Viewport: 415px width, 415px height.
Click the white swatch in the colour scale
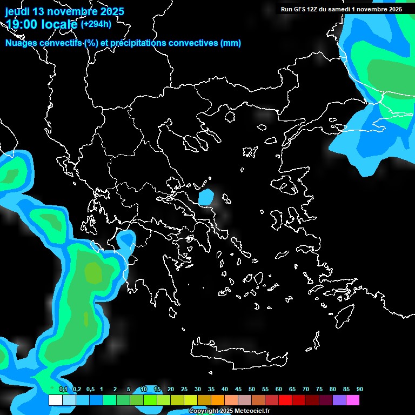point(55,400)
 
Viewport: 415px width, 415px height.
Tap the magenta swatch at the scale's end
point(353,400)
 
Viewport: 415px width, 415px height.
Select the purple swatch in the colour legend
point(339,400)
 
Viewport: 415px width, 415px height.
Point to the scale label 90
point(360,389)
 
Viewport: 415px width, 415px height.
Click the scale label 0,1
point(63,389)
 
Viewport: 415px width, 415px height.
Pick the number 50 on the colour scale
point(252,389)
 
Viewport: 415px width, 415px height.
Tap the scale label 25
point(184,389)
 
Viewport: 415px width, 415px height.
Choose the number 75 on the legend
point(319,389)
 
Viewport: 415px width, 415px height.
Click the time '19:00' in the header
point(21,24)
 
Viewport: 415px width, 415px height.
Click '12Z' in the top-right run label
point(314,9)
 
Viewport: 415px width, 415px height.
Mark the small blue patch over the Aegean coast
point(206,197)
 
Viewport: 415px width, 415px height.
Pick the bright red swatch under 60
point(285,400)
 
